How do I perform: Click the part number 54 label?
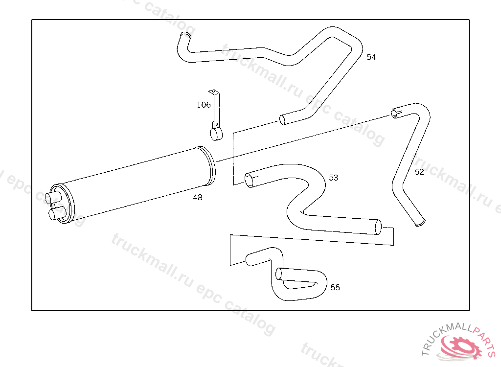(x=371, y=57)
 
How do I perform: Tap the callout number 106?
(x=204, y=105)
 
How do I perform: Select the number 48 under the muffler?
(x=198, y=198)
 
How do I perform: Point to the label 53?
(x=333, y=178)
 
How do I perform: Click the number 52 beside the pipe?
(x=419, y=172)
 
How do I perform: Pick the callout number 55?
(x=335, y=287)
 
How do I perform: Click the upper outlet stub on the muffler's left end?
(x=52, y=198)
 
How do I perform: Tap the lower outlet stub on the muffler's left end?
(x=56, y=213)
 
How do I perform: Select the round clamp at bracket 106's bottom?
(x=216, y=134)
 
